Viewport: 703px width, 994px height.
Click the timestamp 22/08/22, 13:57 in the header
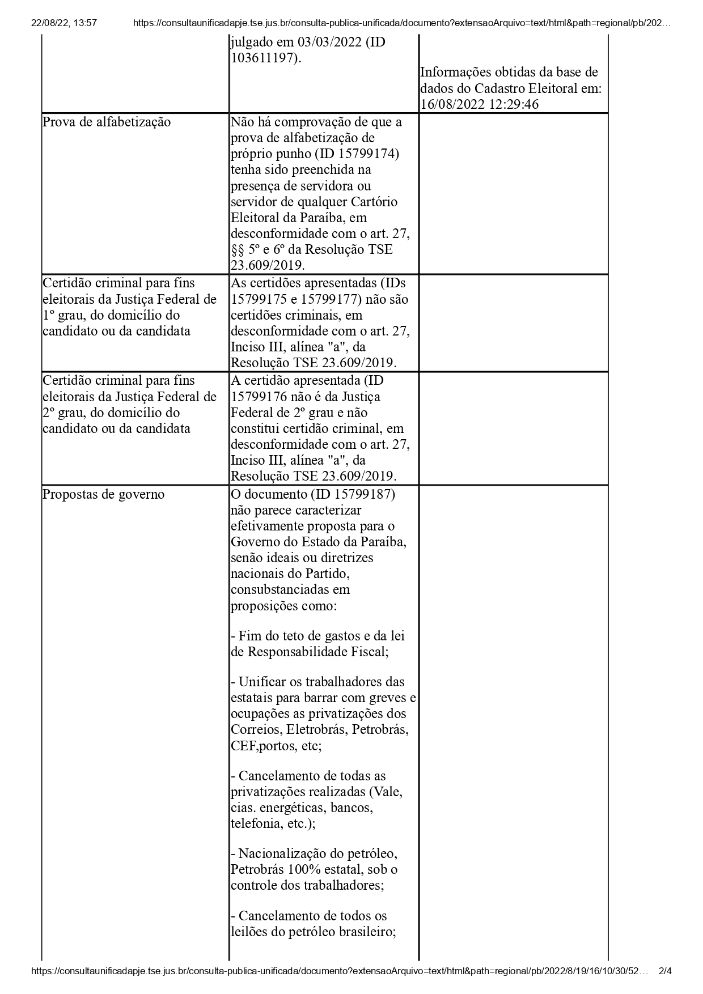64,23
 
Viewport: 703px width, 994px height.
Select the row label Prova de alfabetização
107,122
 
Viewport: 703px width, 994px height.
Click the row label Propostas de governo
103,494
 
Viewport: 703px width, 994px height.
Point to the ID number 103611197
264,58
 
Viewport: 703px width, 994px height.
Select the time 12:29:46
511,104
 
